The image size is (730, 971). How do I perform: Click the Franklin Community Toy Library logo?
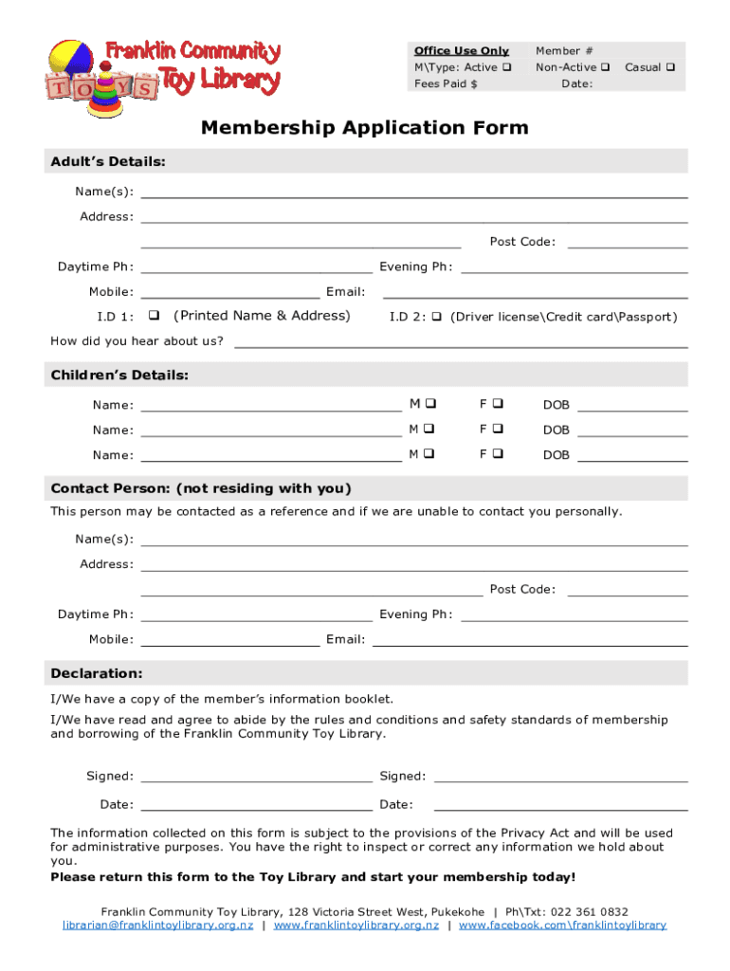point(164,68)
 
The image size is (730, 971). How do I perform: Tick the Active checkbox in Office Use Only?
point(507,67)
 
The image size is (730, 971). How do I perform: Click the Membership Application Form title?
point(364,128)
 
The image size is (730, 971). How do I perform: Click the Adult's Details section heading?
point(108,162)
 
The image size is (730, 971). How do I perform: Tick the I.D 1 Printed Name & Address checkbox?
point(154,315)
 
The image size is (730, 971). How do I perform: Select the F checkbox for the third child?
point(498,454)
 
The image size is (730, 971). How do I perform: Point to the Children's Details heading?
point(119,376)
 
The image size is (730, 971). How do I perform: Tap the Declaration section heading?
point(97,673)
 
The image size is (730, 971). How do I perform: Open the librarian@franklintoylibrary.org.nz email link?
point(158,925)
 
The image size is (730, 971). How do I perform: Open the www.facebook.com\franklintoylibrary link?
point(562,925)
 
